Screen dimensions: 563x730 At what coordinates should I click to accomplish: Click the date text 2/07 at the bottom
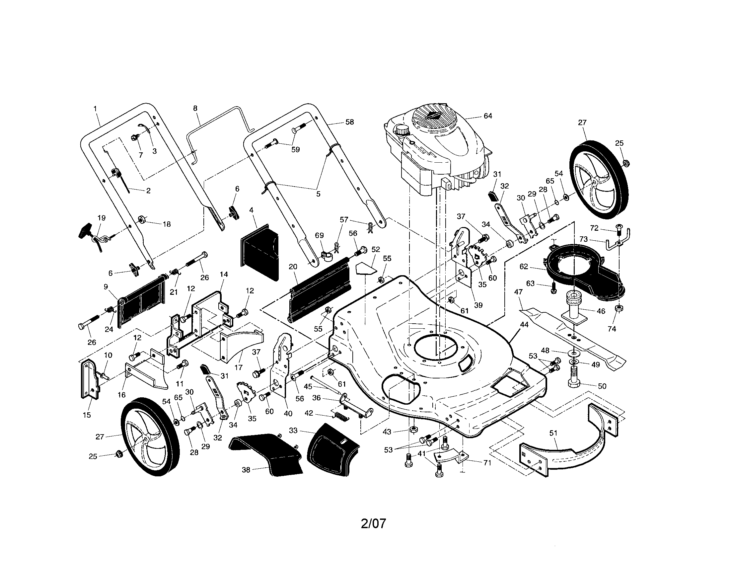373,523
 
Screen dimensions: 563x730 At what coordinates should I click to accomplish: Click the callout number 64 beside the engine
488,116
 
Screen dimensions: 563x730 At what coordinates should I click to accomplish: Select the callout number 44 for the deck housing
524,325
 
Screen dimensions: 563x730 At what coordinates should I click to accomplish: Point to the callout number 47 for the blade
518,292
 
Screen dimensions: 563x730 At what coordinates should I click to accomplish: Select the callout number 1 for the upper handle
95,109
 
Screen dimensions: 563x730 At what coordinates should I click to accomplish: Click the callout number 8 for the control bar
195,108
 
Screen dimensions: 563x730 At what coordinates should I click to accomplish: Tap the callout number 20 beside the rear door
293,267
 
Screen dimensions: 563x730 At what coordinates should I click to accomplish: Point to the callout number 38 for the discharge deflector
246,470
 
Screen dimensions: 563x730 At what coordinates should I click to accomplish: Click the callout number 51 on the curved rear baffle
553,433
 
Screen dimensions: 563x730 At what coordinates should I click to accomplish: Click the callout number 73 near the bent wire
583,239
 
